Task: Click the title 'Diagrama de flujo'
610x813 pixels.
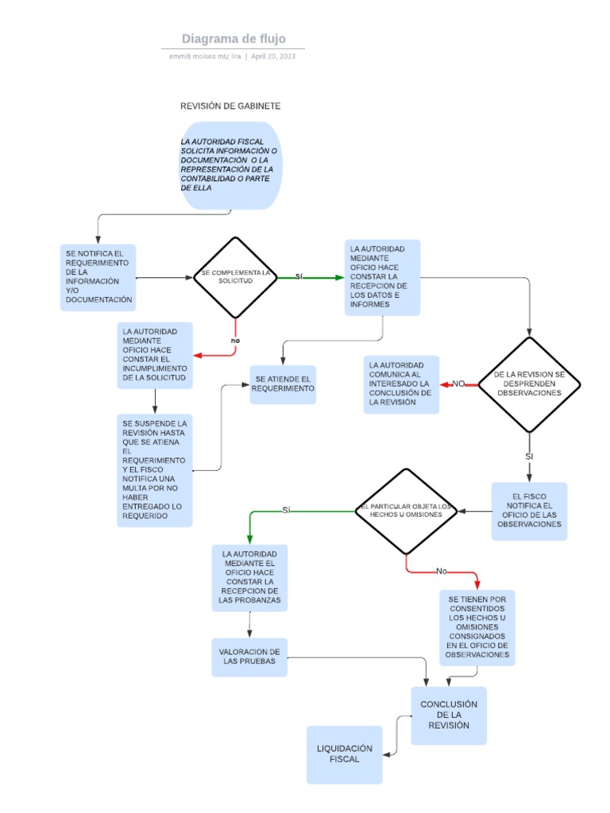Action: tap(233, 39)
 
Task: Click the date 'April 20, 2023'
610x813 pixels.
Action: tap(273, 56)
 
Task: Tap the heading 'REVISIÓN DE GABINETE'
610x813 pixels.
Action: tap(230, 106)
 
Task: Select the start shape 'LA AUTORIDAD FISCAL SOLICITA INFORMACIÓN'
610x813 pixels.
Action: tap(231, 165)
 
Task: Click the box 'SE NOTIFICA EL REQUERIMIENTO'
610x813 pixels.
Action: tap(98, 277)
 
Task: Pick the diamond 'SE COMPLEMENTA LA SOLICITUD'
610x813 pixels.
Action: tap(235, 277)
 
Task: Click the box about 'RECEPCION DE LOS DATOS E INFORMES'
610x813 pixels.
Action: tap(382, 277)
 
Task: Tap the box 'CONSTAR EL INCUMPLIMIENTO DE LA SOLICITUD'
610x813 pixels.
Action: tap(155, 355)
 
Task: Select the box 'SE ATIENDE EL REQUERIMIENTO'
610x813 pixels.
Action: tap(283, 384)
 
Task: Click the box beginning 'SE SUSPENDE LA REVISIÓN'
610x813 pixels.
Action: tap(154, 470)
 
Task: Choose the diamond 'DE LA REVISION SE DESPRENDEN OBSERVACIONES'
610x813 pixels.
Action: tap(529, 384)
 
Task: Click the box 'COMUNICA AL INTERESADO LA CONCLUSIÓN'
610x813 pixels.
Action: tap(401, 384)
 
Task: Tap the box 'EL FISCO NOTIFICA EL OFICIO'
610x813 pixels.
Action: tap(529, 511)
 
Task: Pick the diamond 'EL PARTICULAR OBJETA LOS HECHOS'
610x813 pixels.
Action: tap(405, 511)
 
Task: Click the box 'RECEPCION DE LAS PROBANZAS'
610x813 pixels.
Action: tap(249, 579)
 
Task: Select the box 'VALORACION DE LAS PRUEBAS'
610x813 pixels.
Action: tap(249, 657)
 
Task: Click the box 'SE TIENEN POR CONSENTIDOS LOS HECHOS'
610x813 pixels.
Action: tap(477, 627)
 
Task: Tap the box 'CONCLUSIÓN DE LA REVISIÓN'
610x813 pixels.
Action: tap(449, 715)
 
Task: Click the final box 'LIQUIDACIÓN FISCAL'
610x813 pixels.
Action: tap(345, 754)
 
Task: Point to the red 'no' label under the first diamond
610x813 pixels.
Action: tap(235, 341)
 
